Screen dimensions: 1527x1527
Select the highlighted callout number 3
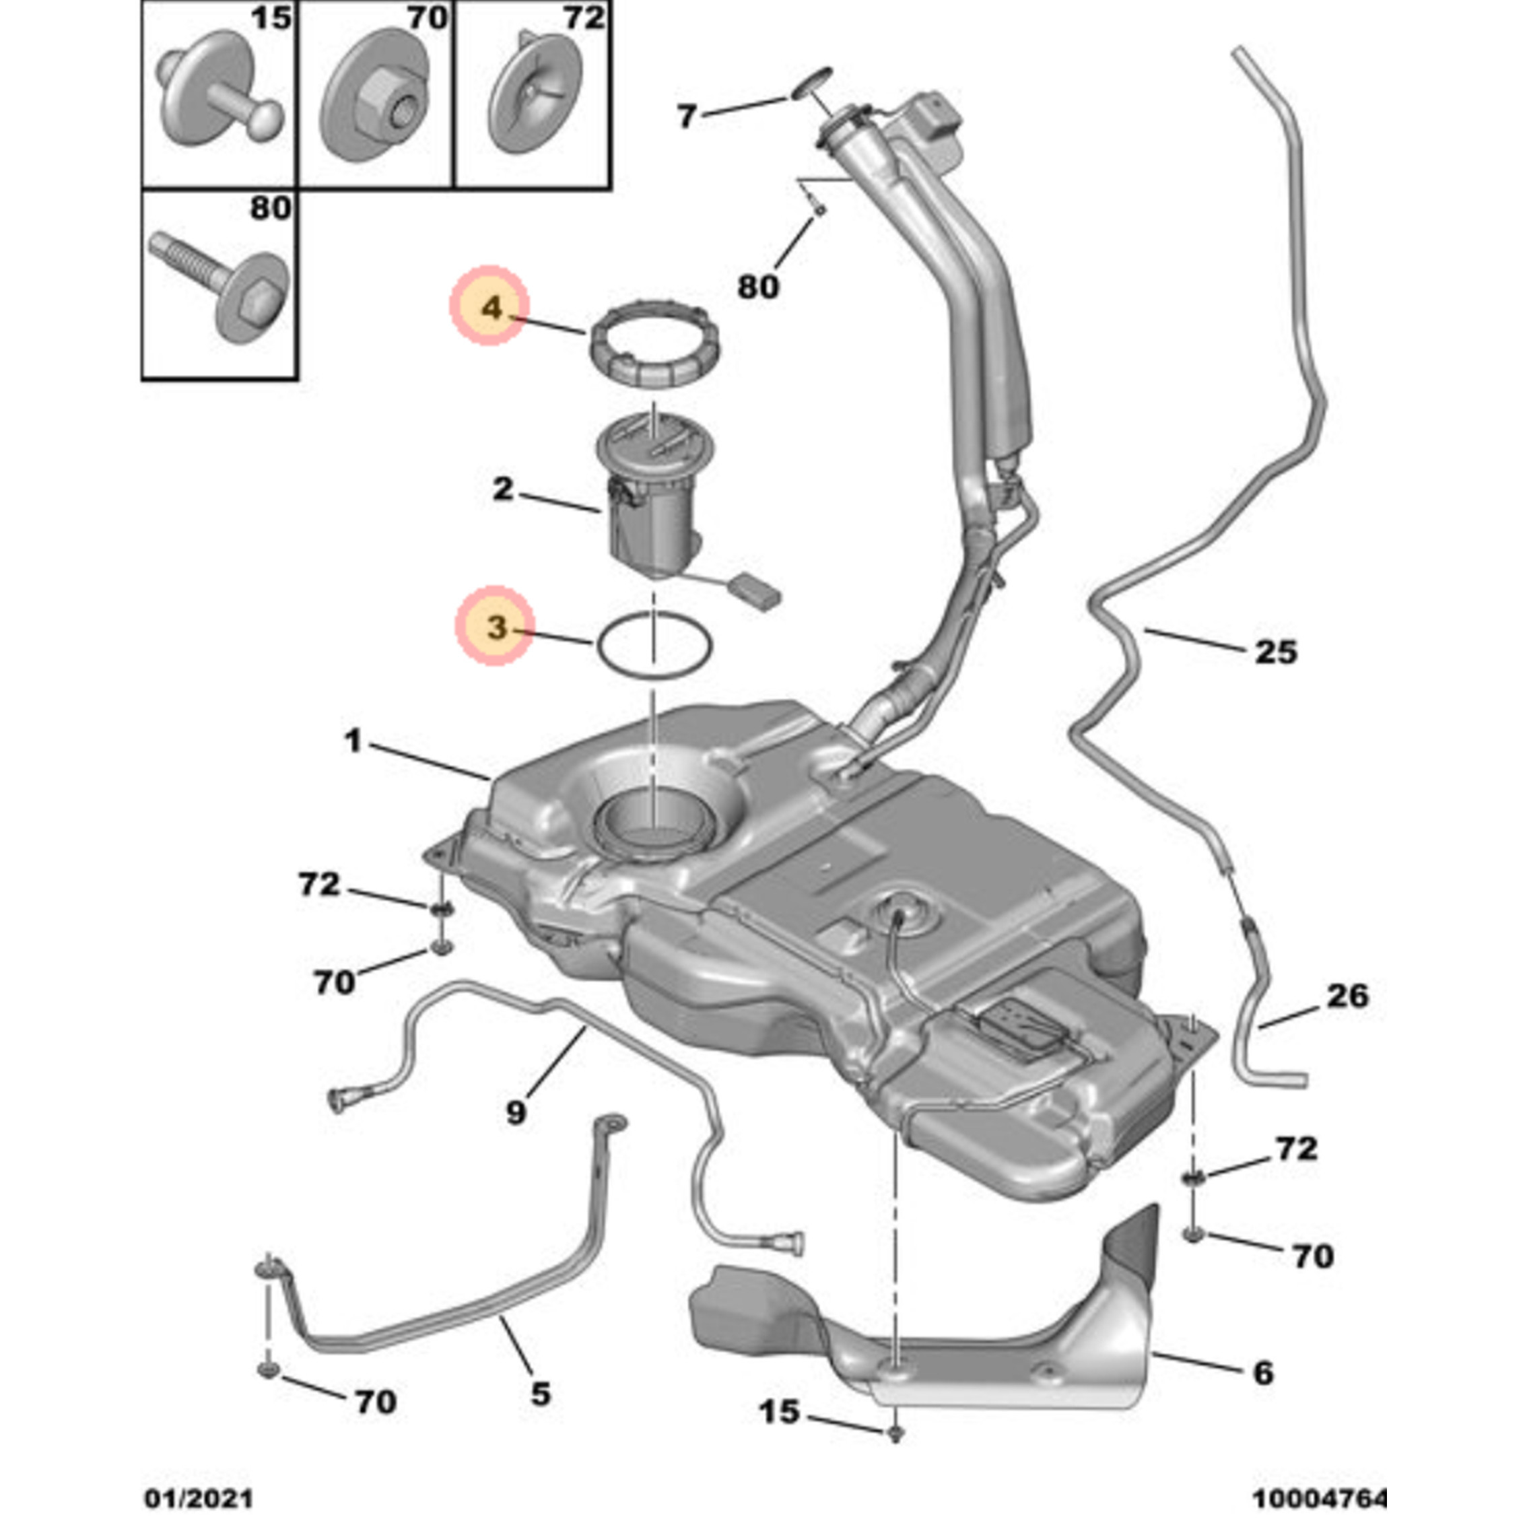[496, 627]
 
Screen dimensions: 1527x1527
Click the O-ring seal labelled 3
[654, 646]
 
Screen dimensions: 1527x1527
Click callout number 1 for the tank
[353, 741]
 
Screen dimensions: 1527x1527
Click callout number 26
[1347, 996]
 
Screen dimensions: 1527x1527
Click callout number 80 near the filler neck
[758, 286]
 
